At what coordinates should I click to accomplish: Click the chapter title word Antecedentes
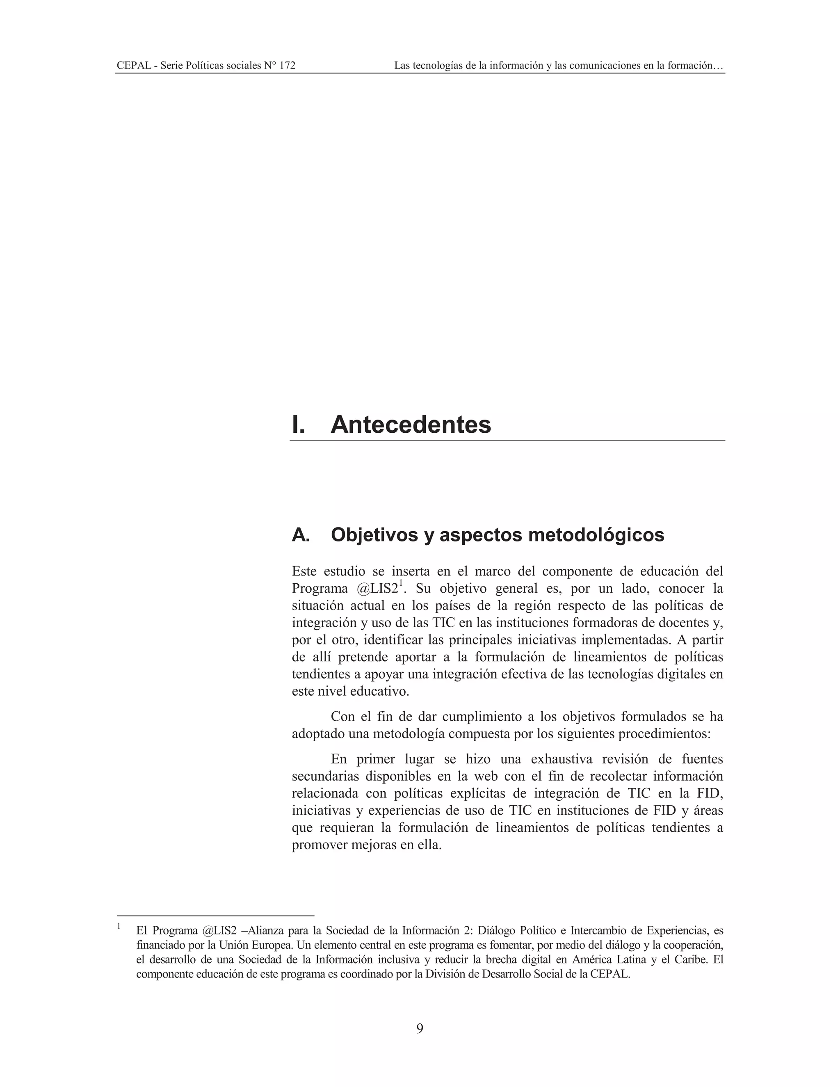pyautogui.click(x=411, y=425)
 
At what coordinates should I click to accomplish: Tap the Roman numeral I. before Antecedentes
pyautogui.click(x=298, y=425)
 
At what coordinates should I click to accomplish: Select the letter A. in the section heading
pyautogui.click(x=301, y=535)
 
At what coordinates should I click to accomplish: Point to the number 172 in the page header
pyautogui.click(x=287, y=66)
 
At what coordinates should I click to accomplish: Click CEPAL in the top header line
pyautogui.click(x=133, y=66)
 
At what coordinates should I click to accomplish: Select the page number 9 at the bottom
pyautogui.click(x=420, y=1028)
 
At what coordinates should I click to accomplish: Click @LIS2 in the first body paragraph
pyautogui.click(x=377, y=589)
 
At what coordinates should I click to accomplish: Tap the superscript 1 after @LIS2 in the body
pyautogui.click(x=401, y=583)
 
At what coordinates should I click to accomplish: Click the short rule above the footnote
pyautogui.click(x=215, y=915)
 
